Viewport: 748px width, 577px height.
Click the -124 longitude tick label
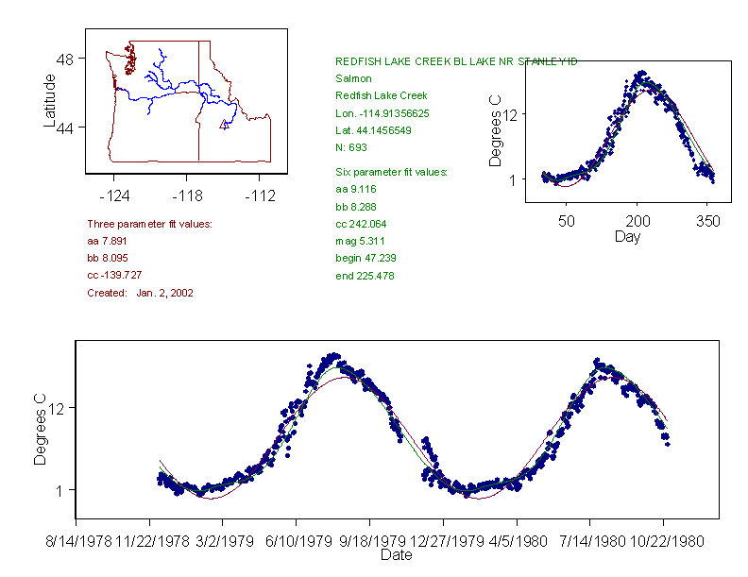pos(114,196)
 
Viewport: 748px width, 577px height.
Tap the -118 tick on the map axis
pos(186,196)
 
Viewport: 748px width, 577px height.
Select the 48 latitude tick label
pos(65,59)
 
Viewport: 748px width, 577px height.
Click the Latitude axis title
pos(50,100)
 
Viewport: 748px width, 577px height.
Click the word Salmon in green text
pos(353,78)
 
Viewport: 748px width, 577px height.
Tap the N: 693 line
pos(350,147)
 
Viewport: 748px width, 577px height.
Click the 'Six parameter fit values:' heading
pos(391,172)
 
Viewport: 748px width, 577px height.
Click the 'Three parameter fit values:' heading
pos(149,224)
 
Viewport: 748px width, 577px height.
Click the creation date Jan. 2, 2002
pos(164,294)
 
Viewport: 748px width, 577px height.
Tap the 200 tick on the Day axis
pos(637,222)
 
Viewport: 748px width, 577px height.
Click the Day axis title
pos(627,237)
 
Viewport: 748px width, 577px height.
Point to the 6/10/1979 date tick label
pos(297,543)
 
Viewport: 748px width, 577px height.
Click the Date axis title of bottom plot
pos(396,555)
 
